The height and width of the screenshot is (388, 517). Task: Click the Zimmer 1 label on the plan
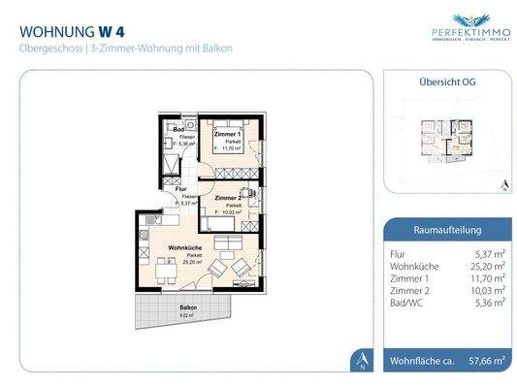(228, 133)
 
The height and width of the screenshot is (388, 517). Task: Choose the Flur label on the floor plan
(180, 189)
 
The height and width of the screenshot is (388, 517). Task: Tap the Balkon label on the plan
(188, 307)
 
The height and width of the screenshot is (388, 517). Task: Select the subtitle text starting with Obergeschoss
(126, 48)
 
